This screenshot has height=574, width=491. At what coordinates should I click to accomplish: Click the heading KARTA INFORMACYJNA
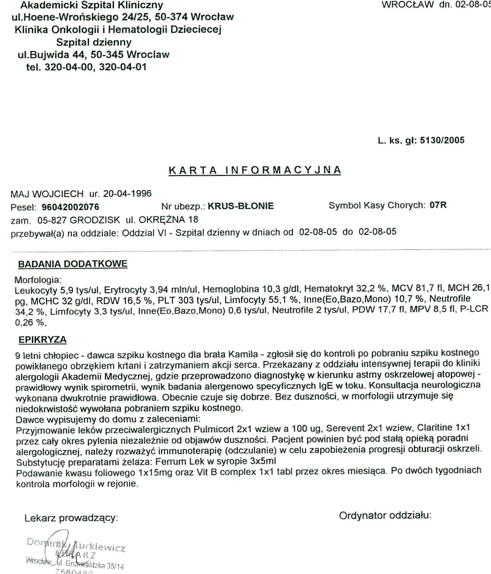coord(255,170)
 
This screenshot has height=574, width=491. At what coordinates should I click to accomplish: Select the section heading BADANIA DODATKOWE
coord(73,264)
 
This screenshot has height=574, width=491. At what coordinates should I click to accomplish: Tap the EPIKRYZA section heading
coord(42,340)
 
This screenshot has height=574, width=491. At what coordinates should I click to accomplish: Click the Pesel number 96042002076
coord(74,207)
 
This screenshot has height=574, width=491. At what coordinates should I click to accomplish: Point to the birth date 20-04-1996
coord(127,193)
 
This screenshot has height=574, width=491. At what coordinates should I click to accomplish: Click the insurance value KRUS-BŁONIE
coord(241,206)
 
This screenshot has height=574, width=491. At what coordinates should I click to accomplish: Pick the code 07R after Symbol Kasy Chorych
coord(438,205)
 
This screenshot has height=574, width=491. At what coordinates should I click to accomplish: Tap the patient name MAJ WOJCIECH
coord(47,193)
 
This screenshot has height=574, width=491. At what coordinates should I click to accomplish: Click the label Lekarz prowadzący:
coord(71,518)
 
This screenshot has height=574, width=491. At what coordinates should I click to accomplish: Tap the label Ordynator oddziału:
coord(385,516)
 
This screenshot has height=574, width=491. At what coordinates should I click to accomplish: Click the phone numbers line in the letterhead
coord(87,67)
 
